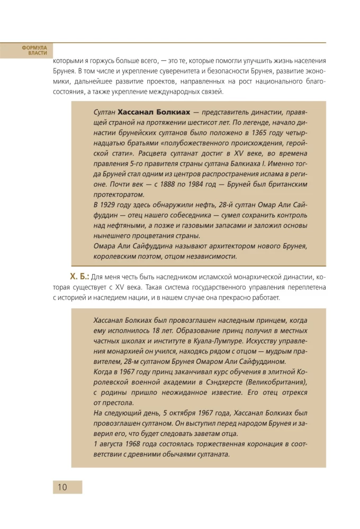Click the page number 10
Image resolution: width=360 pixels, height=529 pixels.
62,487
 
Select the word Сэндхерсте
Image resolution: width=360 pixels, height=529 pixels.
225,382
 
